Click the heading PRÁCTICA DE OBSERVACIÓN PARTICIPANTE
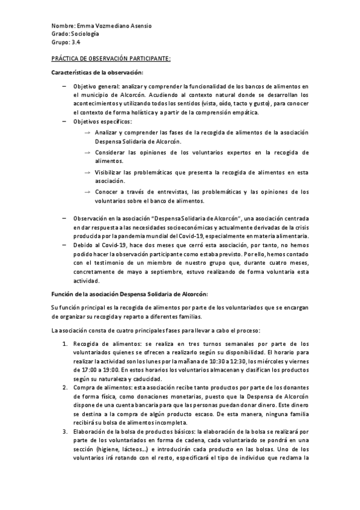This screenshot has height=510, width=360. point(111,58)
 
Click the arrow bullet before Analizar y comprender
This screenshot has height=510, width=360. point(88,132)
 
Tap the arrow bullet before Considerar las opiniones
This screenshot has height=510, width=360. point(88,152)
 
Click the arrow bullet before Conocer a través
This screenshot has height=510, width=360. point(88,192)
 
